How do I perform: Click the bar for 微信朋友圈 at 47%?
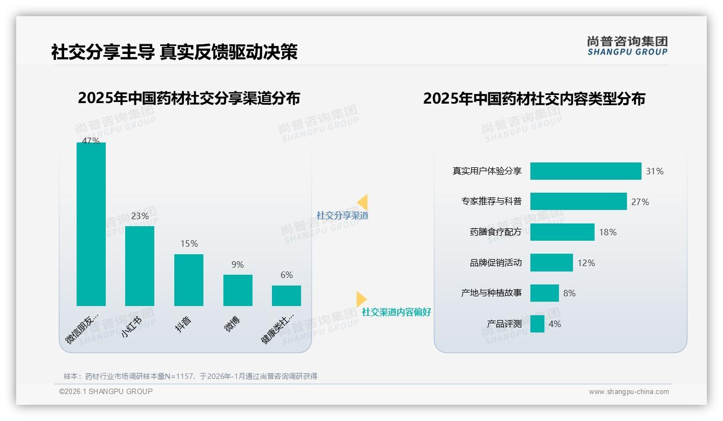pyautogui.click(x=91, y=224)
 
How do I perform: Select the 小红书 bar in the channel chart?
pyautogui.click(x=140, y=266)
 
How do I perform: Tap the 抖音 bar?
pyautogui.click(x=189, y=280)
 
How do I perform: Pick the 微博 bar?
pyautogui.click(x=238, y=290)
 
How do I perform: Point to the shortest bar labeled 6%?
pyautogui.click(x=287, y=295)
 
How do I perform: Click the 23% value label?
pyautogui.click(x=140, y=216)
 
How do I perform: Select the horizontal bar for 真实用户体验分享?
pyautogui.click(x=585, y=171)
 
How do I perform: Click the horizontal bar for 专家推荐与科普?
pyautogui.click(x=578, y=201)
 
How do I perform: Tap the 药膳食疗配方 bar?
pyautogui.click(x=562, y=232)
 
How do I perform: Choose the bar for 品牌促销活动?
pyautogui.click(x=551, y=263)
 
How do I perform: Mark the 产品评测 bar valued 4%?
pyautogui.click(x=537, y=324)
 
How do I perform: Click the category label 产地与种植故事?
pyautogui.click(x=492, y=293)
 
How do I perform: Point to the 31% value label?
pyautogui.click(x=654, y=171)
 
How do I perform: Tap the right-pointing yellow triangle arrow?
pyautogui.click(x=361, y=298)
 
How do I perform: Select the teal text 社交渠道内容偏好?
pyautogui.click(x=397, y=312)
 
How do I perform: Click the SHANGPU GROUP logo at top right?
pyautogui.click(x=627, y=45)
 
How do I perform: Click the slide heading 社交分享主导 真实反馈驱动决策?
pyautogui.click(x=174, y=52)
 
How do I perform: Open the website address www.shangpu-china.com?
pyautogui.click(x=629, y=392)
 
